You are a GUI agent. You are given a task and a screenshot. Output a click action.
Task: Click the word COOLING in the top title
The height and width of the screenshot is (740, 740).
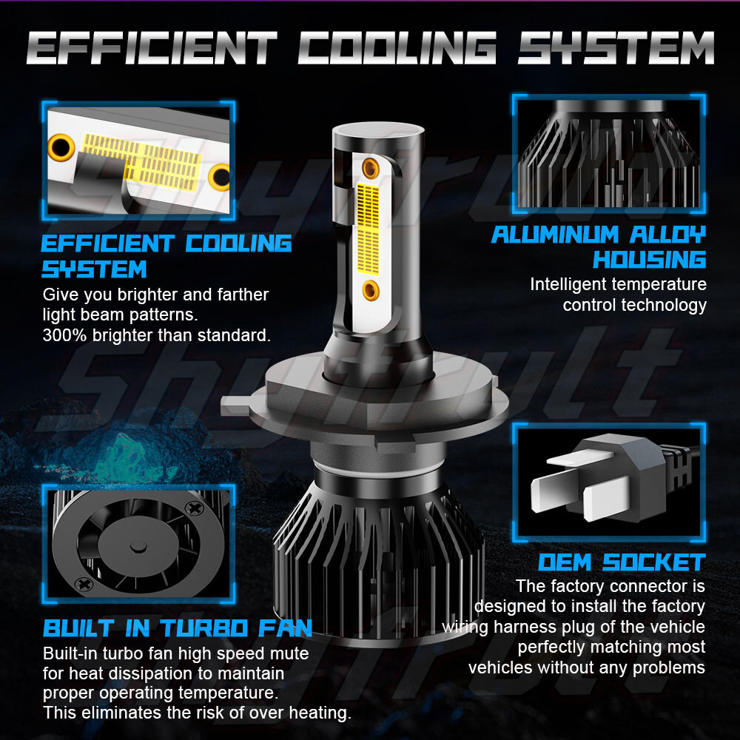(x=397, y=47)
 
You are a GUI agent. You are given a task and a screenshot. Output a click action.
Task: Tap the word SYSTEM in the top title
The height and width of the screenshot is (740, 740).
(x=616, y=47)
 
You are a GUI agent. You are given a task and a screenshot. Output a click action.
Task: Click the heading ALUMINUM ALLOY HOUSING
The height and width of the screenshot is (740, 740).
(x=599, y=247)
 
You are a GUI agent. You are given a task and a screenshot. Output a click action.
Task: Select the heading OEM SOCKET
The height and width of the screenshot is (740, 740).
(x=622, y=562)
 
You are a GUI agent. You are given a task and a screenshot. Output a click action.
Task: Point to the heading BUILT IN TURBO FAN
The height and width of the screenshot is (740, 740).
(x=178, y=628)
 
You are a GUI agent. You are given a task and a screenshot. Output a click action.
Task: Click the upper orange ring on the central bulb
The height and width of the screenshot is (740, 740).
(x=371, y=168)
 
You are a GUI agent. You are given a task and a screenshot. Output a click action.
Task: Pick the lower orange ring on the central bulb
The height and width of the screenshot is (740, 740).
(x=371, y=290)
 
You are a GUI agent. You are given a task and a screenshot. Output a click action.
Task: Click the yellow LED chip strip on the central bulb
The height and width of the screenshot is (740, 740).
(x=368, y=229)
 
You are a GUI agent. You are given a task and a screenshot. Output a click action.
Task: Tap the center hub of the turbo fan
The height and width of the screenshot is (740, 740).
(x=138, y=547)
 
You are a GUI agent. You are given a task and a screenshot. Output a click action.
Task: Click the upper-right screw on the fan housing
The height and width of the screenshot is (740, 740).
(x=193, y=508)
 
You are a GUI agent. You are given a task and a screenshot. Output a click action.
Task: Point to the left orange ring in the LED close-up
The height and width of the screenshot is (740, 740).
(x=61, y=147)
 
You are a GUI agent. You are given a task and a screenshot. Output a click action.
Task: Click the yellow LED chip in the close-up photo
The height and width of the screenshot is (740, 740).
(x=142, y=161)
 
